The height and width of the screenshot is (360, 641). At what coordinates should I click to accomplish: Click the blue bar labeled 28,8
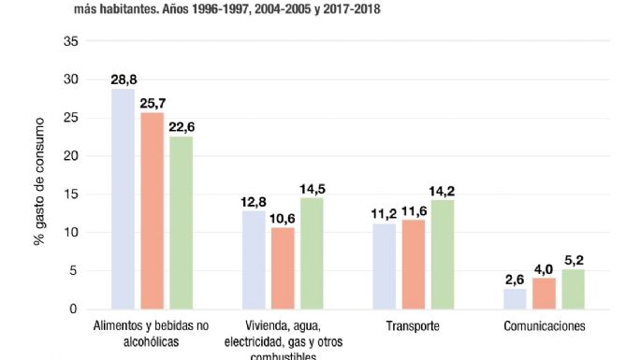coord(124,199)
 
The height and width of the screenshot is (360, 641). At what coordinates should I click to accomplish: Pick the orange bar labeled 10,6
coord(283,268)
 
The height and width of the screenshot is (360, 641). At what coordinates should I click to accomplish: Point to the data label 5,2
coord(572,261)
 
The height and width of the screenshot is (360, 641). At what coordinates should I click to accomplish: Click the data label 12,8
coord(254,202)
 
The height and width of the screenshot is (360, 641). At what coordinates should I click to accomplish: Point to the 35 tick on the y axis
coord(71,41)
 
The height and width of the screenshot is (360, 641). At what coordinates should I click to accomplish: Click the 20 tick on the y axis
coord(71,156)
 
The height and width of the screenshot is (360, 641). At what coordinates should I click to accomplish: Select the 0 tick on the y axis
coord(75,310)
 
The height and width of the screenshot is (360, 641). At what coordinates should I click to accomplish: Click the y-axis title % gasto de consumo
coord(40,176)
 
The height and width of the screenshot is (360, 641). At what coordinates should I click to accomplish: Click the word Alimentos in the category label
coord(119,327)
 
